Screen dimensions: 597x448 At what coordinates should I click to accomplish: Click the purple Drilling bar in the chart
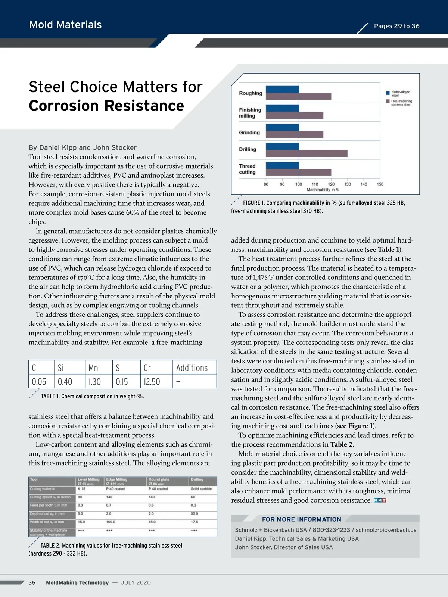(306, 153)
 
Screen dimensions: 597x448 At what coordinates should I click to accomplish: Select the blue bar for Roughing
(282, 90)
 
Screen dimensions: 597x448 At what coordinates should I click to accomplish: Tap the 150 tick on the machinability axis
(380, 184)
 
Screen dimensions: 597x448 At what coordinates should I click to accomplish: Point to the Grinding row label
(249, 132)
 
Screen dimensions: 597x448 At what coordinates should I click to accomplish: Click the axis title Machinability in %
(323, 190)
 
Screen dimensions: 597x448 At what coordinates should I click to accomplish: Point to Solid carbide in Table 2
(201, 489)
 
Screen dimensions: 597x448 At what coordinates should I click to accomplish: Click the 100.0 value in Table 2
(111, 522)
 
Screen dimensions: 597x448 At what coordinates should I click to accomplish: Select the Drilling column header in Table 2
(197, 479)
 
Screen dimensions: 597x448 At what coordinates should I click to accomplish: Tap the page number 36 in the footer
(32, 582)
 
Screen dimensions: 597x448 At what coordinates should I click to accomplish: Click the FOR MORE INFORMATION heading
(301, 519)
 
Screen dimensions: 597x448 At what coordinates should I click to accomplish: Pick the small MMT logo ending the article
(379, 500)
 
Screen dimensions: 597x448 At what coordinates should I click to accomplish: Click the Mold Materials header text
(65, 25)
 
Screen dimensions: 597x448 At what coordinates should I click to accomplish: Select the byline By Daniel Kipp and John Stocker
(83, 148)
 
